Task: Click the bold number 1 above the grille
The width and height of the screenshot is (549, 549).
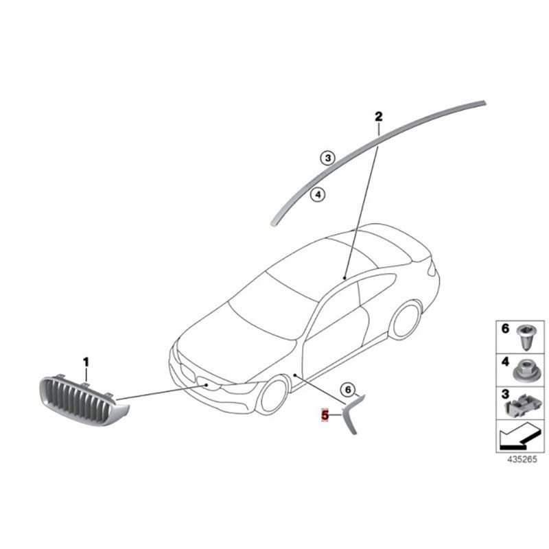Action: coord(86,362)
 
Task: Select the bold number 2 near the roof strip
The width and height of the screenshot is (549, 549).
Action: coord(379,117)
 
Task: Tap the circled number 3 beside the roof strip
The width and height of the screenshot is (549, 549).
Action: coord(328,158)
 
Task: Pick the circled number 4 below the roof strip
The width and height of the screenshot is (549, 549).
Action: coord(318,194)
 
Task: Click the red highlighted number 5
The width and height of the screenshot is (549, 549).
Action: coord(325,416)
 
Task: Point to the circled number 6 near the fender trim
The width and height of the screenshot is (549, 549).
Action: coord(348,389)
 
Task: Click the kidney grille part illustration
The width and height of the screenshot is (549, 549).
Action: coord(83,400)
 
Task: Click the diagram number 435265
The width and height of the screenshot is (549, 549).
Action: coord(522,459)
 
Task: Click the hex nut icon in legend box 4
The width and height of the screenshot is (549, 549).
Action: coord(527,372)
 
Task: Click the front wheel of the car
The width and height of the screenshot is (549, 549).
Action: coord(275,395)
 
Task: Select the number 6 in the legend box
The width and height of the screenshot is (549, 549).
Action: coord(505,329)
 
